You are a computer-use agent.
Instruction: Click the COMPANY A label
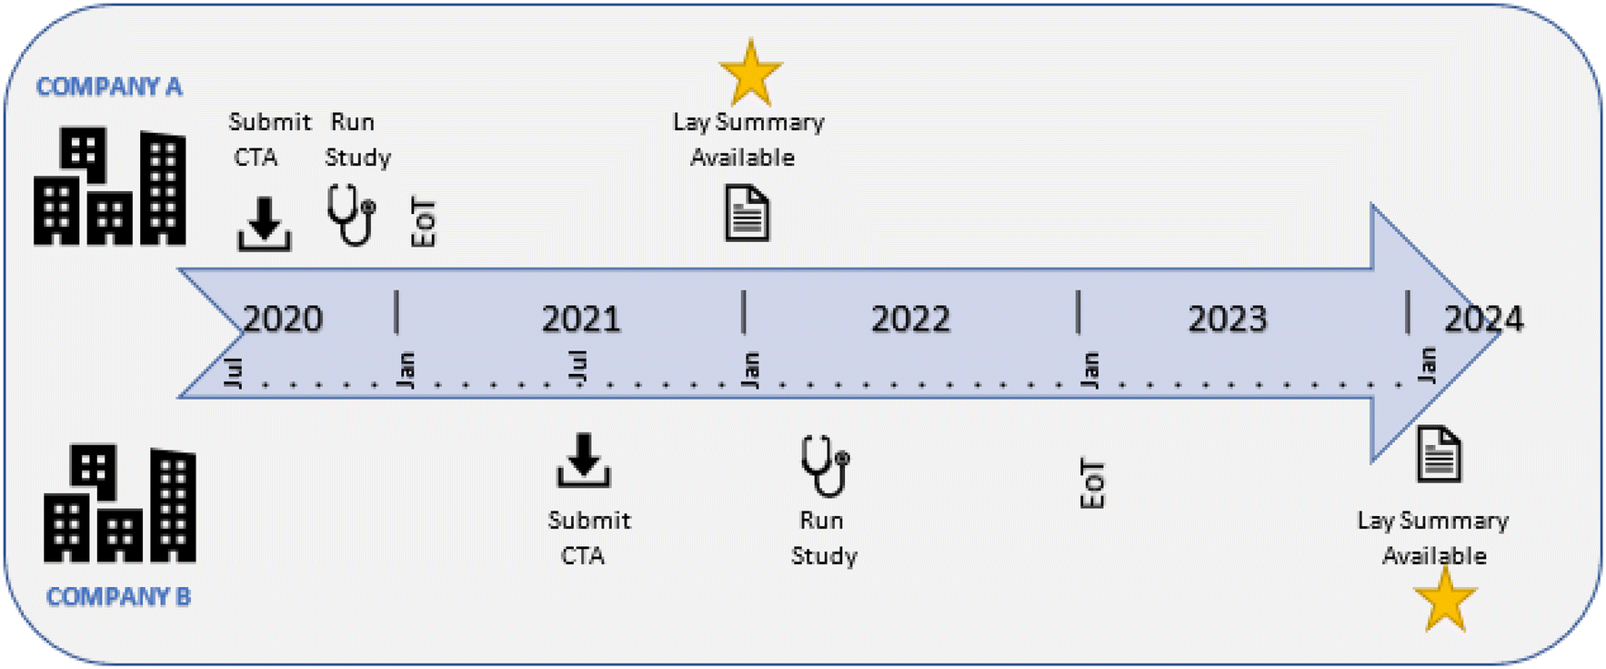click(109, 86)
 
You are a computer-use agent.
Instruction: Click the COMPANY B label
click(118, 597)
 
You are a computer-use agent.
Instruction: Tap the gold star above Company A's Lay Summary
click(750, 73)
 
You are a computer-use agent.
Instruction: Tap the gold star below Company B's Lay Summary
click(1445, 601)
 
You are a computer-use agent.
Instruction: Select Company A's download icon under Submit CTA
click(265, 223)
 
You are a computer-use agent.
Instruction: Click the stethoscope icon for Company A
click(352, 215)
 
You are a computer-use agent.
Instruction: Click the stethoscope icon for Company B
click(825, 465)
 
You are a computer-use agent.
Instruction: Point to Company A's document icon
click(747, 213)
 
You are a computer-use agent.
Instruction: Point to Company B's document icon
click(1440, 453)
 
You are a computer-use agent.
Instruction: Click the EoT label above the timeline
click(424, 222)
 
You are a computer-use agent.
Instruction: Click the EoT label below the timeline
click(1092, 484)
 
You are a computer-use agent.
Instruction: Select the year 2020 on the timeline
click(283, 319)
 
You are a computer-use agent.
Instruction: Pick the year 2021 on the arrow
click(581, 319)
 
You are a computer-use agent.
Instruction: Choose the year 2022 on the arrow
click(910, 319)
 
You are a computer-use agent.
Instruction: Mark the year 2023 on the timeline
click(1228, 319)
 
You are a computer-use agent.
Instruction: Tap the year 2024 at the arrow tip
click(1483, 319)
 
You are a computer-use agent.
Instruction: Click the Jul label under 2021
click(578, 368)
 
